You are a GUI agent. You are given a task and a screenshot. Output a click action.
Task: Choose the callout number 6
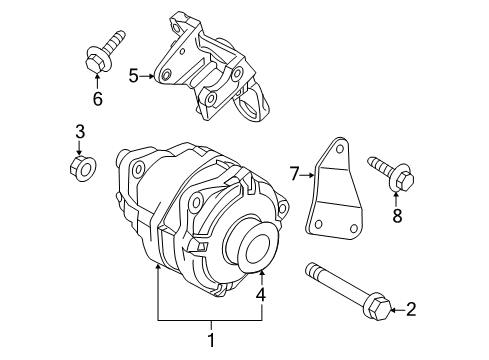tap(96, 98)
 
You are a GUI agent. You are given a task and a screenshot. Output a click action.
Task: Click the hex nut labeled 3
tap(84, 163)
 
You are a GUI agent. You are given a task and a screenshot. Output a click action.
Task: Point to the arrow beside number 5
tap(150, 75)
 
